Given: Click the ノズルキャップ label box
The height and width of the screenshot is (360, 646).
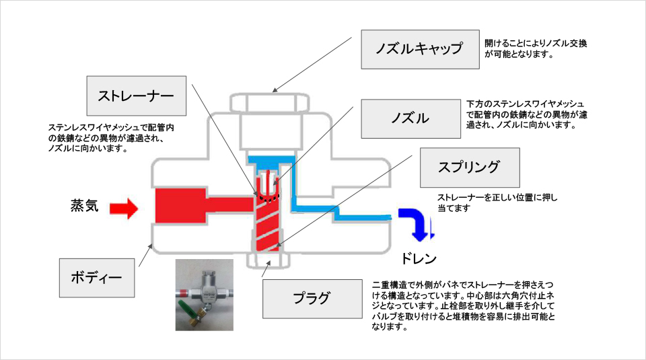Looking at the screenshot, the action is point(420,49).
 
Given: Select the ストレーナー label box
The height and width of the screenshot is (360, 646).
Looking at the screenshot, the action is point(137,96).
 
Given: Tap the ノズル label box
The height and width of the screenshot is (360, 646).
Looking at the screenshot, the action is point(410,118).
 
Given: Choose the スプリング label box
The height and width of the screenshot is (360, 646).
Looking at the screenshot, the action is point(470,168).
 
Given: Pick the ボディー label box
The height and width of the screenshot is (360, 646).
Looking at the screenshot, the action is point(97,278).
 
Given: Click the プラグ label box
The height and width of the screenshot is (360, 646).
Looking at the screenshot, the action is point(312,299).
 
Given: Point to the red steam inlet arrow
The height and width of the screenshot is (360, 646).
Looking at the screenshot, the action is point(124,209).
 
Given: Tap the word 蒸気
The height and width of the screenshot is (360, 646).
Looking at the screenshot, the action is point(85,205).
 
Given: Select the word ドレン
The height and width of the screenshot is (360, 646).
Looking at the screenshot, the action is point(419,258).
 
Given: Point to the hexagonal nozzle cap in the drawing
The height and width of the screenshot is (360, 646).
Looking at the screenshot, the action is point(269,103).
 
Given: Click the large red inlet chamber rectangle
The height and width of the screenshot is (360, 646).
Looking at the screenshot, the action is point(180,205).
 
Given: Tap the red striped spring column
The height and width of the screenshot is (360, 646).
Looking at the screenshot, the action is point(267,225).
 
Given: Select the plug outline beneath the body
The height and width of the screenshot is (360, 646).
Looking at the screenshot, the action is point(268,260).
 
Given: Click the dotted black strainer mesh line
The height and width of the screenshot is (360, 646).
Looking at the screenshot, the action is point(268,199).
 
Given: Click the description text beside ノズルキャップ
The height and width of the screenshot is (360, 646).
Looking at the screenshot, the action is point(536,48).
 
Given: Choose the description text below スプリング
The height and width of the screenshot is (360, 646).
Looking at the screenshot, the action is point(497,203).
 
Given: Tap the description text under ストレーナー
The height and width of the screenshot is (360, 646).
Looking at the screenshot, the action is point(111,138).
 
